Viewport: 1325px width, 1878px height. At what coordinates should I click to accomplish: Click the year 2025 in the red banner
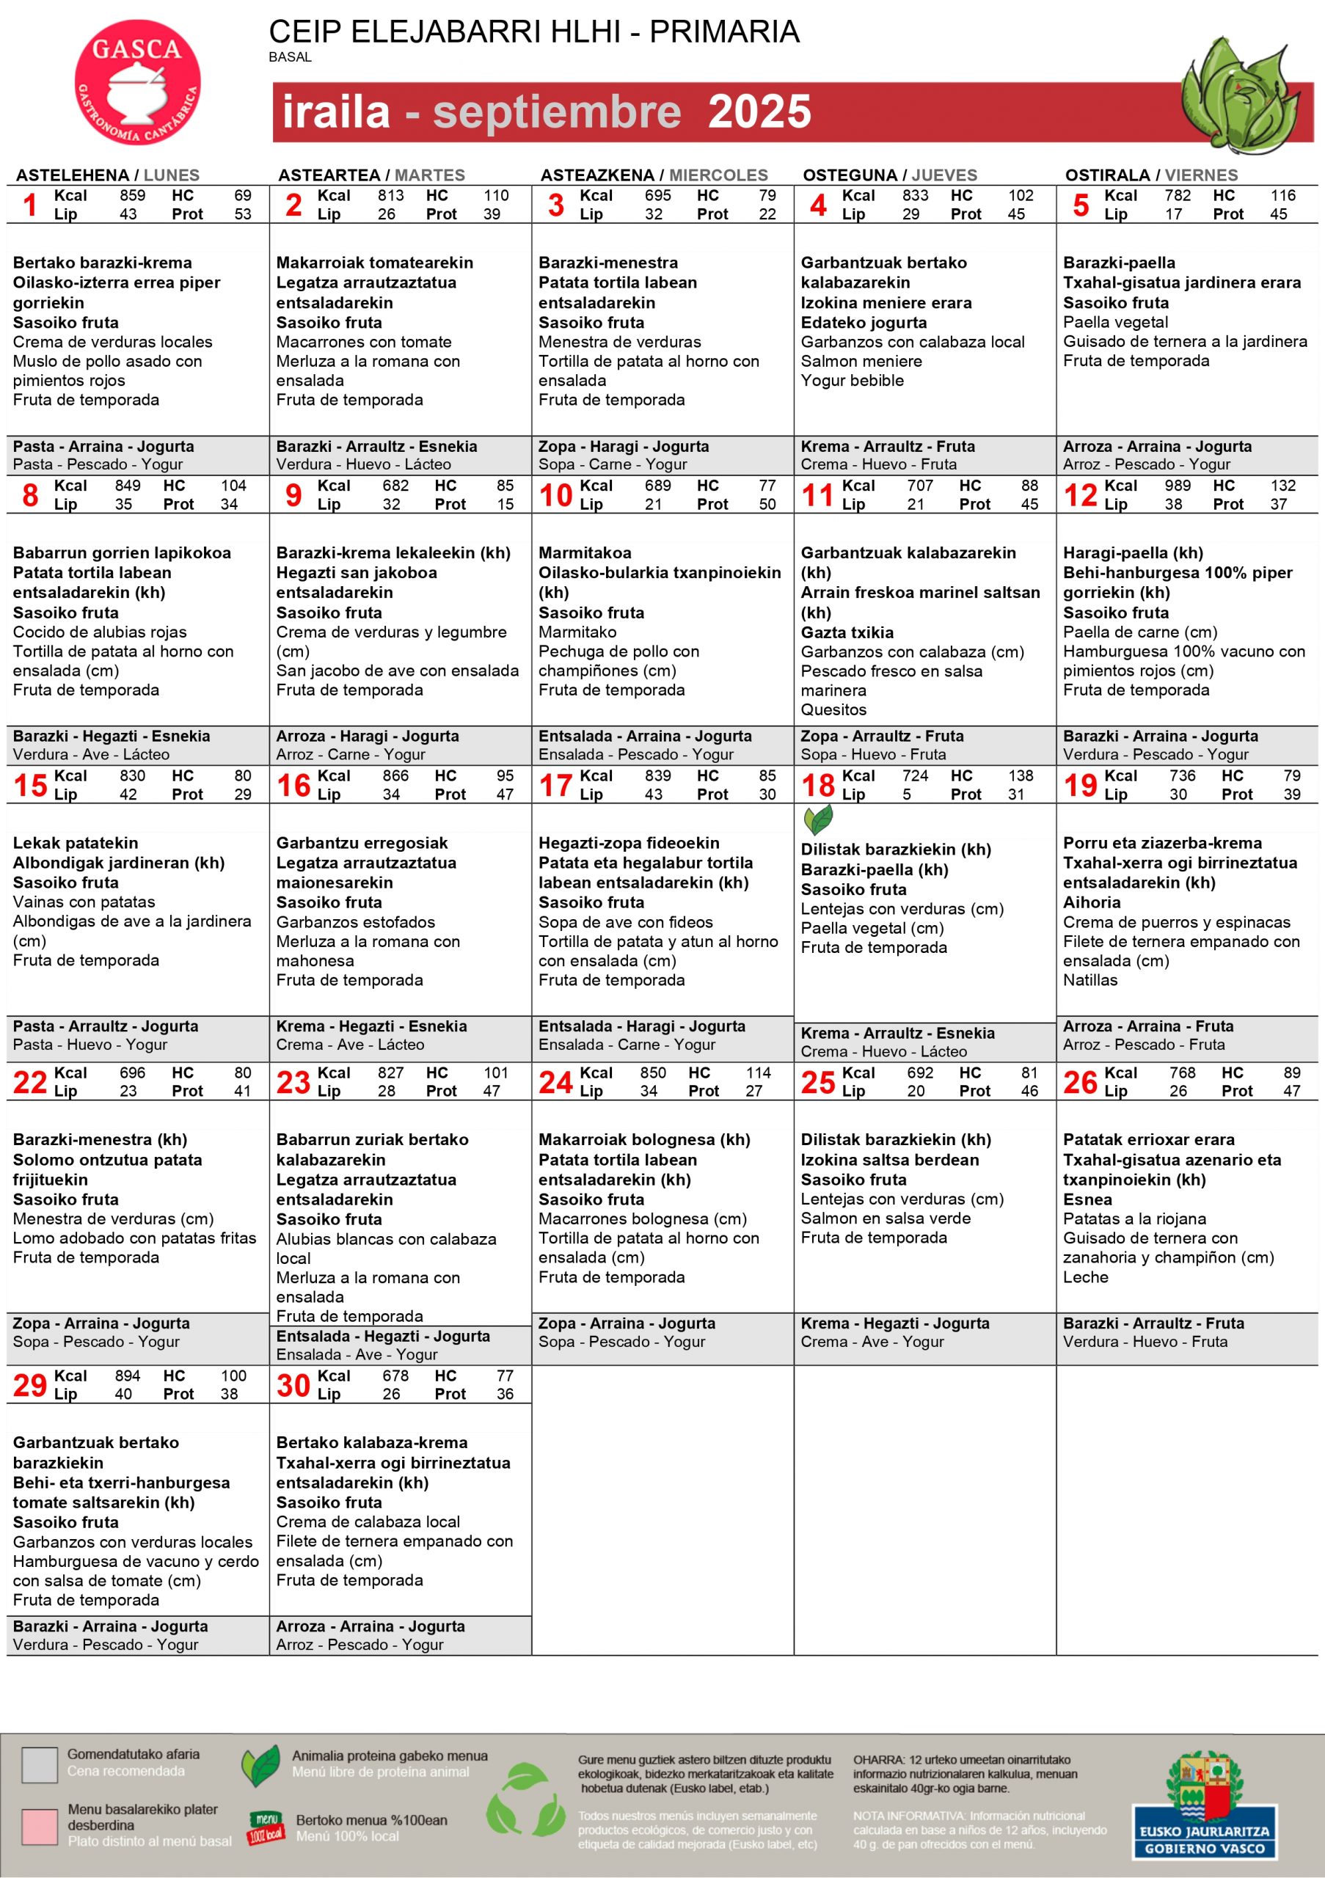click(x=759, y=112)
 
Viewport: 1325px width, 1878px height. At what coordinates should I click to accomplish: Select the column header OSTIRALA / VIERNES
click(x=1151, y=175)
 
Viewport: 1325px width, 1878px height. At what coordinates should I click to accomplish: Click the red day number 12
click(x=1081, y=495)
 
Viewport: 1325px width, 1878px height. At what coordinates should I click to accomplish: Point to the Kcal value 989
click(x=1177, y=486)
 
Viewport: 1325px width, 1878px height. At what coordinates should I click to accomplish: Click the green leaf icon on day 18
click(x=818, y=819)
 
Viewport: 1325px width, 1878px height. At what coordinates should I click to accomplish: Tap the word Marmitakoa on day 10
click(x=585, y=553)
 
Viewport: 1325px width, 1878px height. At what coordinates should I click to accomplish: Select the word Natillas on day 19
click(x=1089, y=980)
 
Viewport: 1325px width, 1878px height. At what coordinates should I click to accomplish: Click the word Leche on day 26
click(x=1085, y=1276)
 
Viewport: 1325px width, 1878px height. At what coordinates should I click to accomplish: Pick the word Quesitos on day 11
click(x=833, y=710)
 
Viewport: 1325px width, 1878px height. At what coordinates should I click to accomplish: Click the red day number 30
click(x=293, y=1386)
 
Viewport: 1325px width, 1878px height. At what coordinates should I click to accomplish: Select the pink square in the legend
click(x=40, y=1826)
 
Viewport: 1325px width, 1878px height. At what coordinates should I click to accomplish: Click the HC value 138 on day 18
click(x=1020, y=775)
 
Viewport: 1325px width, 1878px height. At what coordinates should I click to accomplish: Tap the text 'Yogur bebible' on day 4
click(x=852, y=380)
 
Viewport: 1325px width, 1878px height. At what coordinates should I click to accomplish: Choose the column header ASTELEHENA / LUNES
click(x=108, y=175)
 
